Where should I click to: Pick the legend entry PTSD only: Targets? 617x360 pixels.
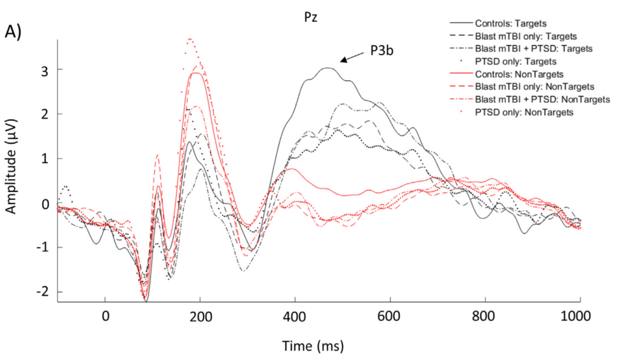point(515,61)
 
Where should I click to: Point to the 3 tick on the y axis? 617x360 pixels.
point(45,69)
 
